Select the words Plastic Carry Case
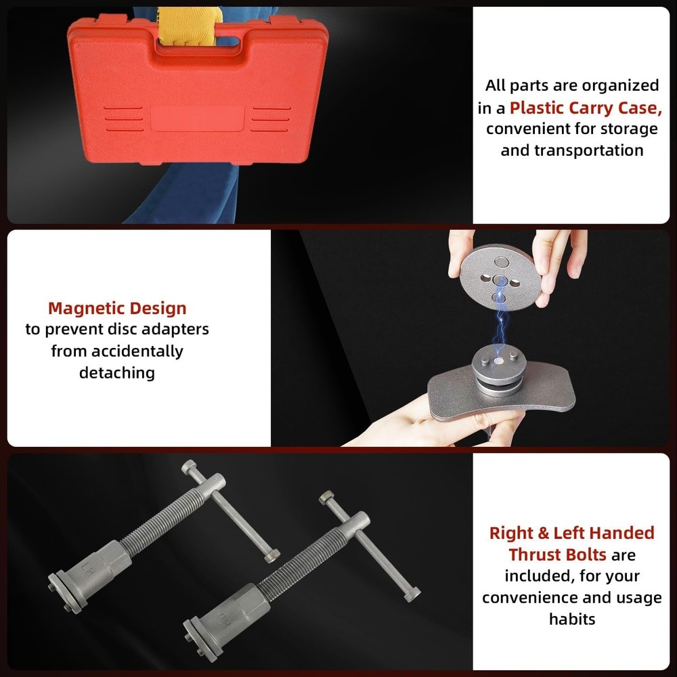(584, 107)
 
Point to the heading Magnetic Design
(117, 309)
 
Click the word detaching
(117, 372)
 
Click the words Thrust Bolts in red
(557, 554)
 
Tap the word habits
(571, 619)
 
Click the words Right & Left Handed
(571, 533)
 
